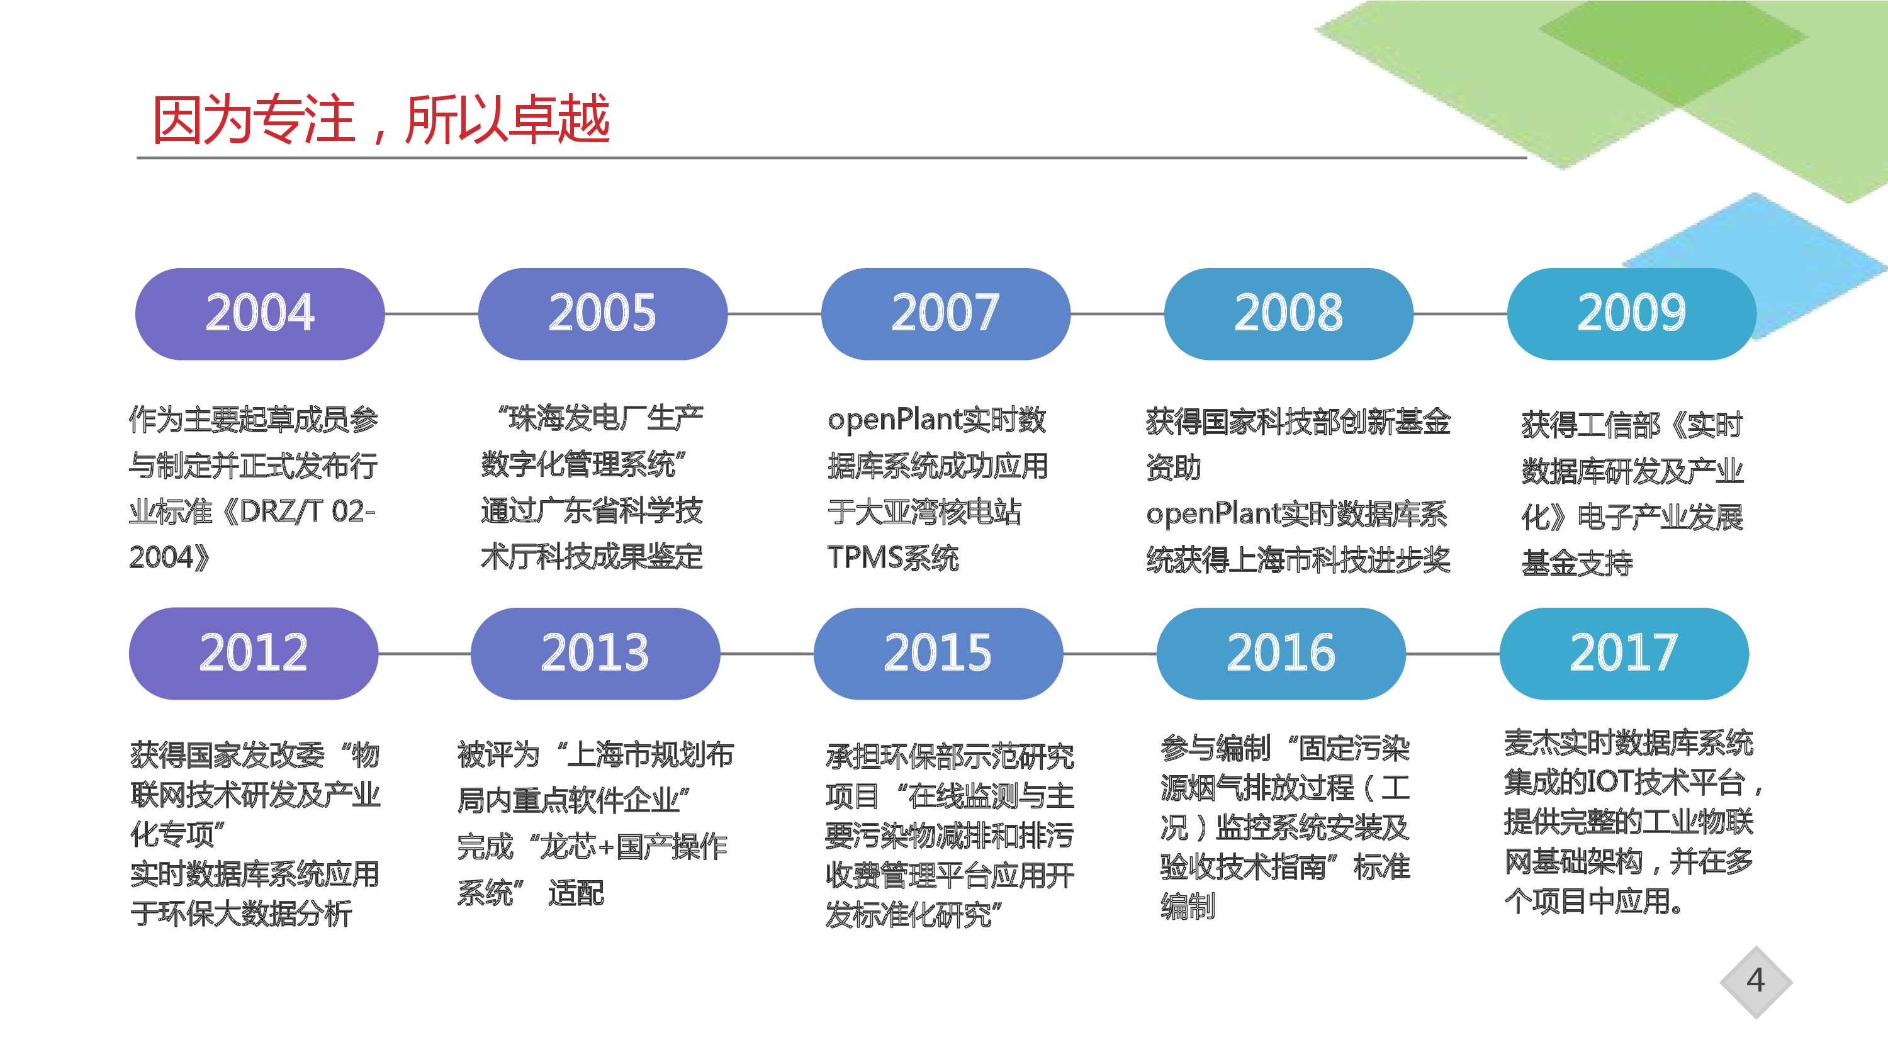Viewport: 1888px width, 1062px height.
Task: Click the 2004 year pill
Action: click(259, 314)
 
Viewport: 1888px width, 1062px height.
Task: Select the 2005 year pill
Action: click(602, 314)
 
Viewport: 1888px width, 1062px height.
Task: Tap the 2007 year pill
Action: click(945, 314)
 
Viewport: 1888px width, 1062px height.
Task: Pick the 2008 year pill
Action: click(1288, 314)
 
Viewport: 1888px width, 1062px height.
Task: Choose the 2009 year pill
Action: click(1631, 314)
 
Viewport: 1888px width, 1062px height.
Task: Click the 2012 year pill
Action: click(254, 653)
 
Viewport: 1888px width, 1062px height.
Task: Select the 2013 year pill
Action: click(595, 653)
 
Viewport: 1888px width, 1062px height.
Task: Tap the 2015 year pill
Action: click(938, 653)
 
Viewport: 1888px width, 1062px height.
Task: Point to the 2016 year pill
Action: click(1281, 653)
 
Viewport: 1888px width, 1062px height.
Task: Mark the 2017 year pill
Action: click(1624, 653)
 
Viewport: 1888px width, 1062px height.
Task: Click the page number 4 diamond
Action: click(1756, 982)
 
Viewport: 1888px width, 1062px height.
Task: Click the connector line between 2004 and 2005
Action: click(432, 314)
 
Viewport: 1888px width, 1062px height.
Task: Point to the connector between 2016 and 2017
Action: click(1453, 653)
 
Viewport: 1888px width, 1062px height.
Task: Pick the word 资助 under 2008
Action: click(1174, 467)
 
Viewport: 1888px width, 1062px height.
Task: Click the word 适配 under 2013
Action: click(576, 893)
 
